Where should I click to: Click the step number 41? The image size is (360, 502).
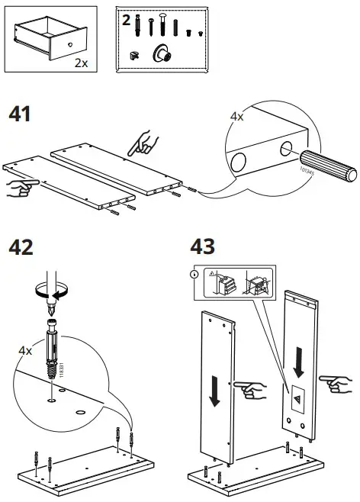click(20, 114)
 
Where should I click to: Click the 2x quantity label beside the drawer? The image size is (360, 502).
click(82, 63)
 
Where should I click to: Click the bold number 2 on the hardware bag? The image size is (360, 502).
click(126, 18)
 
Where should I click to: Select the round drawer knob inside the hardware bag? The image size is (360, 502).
click(162, 54)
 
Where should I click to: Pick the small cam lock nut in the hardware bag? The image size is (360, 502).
click(135, 55)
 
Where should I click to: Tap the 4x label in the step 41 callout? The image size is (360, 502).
click(237, 117)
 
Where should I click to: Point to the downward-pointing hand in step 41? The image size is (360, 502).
click(143, 142)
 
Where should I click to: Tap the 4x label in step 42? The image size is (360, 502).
click(25, 350)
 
